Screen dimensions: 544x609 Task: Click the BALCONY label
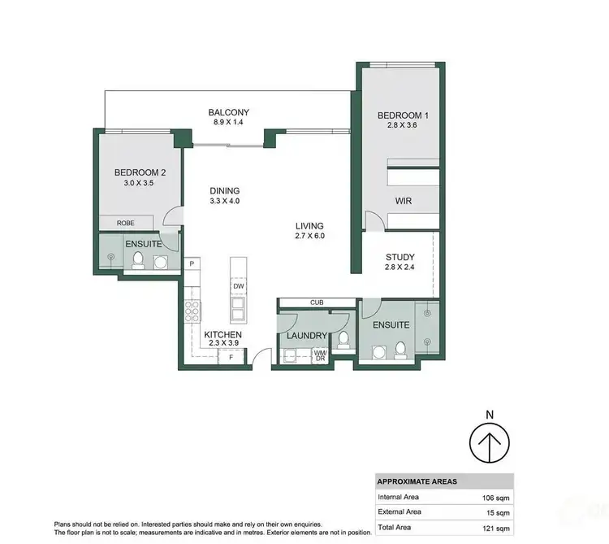(x=228, y=112)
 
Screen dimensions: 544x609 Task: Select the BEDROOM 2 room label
(x=140, y=172)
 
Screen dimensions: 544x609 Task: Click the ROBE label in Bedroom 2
(x=125, y=223)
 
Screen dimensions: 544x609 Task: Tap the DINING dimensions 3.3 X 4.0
(x=223, y=200)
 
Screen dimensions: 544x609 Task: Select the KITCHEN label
(x=222, y=334)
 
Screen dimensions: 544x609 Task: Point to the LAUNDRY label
(x=305, y=336)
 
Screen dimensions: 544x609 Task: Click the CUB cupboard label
(x=316, y=302)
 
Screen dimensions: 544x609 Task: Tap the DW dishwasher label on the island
(x=238, y=286)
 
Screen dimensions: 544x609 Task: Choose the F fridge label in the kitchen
(x=231, y=356)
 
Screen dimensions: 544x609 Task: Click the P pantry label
(x=192, y=264)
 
